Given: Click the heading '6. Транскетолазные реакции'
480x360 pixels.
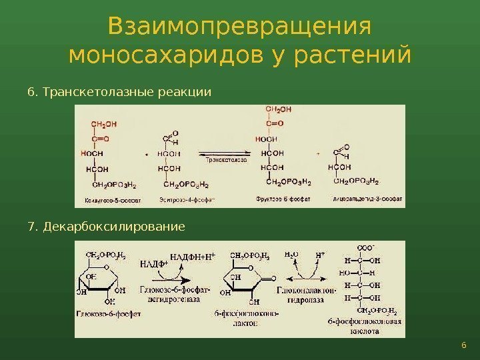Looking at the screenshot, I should click(x=119, y=91).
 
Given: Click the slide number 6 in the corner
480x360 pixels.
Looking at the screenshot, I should click(x=463, y=344).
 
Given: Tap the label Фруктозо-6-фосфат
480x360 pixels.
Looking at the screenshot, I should click(x=279, y=198).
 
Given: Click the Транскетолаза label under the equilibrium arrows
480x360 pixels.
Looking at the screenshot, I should click(x=225, y=160).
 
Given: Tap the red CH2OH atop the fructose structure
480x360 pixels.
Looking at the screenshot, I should click(x=278, y=109).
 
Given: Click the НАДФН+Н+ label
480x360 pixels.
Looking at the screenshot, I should click(x=193, y=257).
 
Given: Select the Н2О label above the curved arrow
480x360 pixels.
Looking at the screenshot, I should click(x=291, y=255).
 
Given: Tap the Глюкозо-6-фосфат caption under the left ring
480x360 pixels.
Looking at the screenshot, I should click(x=109, y=313).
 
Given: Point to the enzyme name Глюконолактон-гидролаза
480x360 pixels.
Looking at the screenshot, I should click(x=300, y=295).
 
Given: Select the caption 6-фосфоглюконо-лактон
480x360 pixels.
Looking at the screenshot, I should click(x=249, y=318).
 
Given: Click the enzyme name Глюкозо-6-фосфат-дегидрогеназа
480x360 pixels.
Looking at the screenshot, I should click(x=175, y=295).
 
